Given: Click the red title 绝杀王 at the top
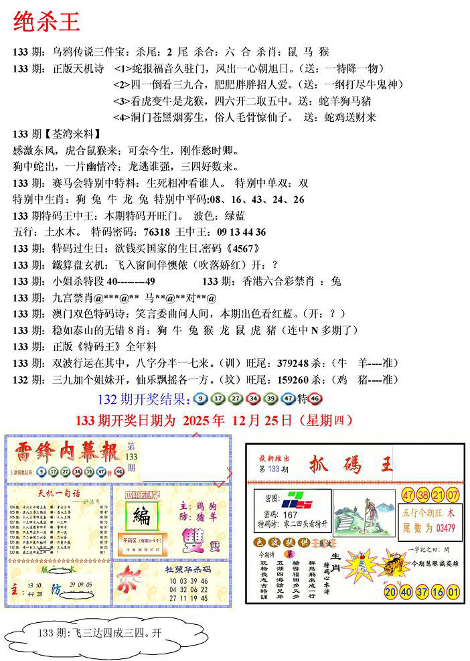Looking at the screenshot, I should pyautogui.click(x=47, y=21).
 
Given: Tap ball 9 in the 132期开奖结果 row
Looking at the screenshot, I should pyautogui.click(x=201, y=399).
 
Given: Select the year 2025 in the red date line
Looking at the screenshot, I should pyautogui.click(x=196, y=421).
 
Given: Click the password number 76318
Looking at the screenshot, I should pyautogui.click(x=157, y=232).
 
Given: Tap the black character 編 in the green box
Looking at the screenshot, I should pyautogui.click(x=142, y=516).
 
